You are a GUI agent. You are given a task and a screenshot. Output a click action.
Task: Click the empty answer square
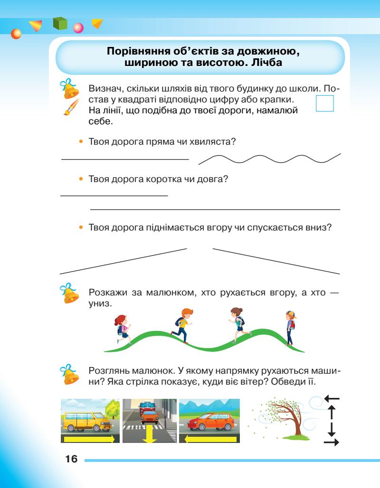tap(325, 103)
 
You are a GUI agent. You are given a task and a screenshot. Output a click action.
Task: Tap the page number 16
tap(71, 460)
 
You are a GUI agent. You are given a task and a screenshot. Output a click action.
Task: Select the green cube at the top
tap(60, 24)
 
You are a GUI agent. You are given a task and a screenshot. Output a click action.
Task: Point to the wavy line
tap(269, 159)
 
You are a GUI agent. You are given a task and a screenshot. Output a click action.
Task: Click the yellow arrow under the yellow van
tap(89, 439)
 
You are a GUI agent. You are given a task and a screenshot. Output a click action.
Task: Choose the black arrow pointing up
tap(332, 411)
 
